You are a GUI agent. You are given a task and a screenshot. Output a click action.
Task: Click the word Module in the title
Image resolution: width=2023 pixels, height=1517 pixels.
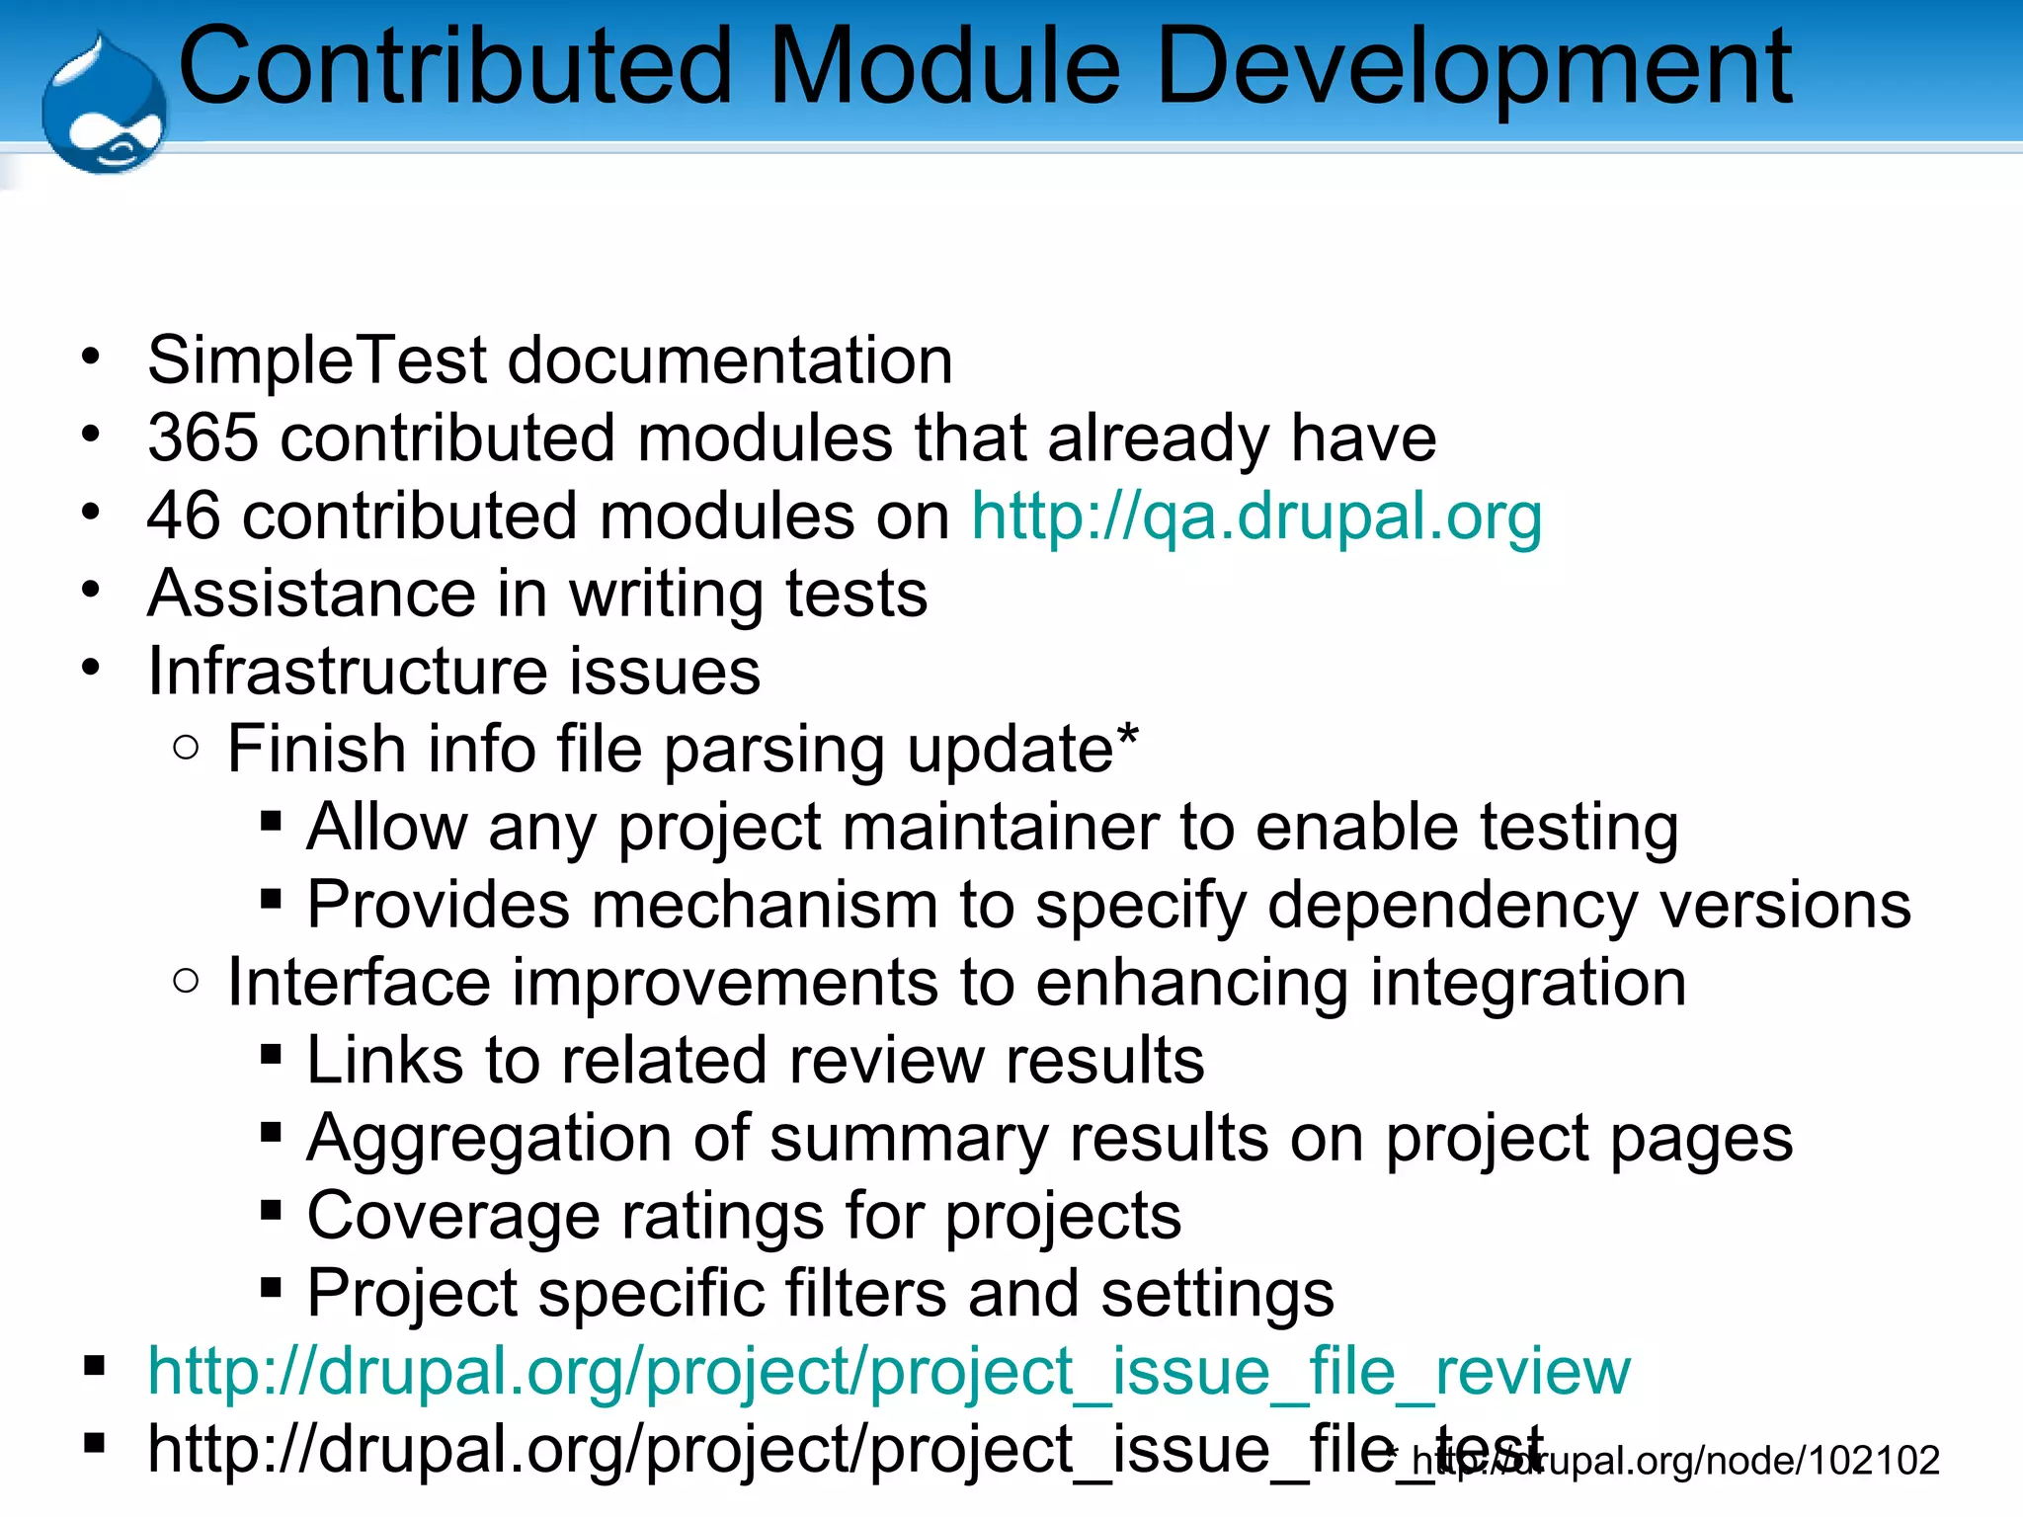(944, 67)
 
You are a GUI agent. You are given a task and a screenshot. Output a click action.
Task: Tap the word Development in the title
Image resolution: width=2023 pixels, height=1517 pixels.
(1472, 67)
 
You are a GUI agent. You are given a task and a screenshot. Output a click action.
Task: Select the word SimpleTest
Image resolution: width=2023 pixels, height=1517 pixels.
(317, 359)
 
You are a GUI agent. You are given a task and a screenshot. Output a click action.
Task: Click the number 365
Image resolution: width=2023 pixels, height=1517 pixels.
(202, 438)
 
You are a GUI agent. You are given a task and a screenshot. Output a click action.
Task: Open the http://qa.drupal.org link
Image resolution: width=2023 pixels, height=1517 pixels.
(1255, 516)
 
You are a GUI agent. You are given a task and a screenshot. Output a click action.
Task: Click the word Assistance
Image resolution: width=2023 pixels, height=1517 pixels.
(312, 594)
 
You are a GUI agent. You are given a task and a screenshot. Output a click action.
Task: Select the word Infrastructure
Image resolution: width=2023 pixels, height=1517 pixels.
(347, 672)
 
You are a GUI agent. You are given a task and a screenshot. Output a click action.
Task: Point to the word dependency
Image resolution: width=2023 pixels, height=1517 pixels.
(1452, 905)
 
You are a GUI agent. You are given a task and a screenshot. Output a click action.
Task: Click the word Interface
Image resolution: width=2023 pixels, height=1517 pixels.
(358, 983)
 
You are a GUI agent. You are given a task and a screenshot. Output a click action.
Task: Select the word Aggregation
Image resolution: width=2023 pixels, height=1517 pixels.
(489, 1139)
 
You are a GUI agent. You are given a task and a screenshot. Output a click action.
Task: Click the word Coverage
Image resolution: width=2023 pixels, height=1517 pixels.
(453, 1216)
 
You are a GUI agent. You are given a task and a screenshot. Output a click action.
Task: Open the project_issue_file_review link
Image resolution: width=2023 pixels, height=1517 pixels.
(888, 1372)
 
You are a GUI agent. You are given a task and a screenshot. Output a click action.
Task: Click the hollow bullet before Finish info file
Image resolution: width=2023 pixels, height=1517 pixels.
(186, 748)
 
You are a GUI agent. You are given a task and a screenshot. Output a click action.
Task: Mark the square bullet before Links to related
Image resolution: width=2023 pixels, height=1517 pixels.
(271, 1055)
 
